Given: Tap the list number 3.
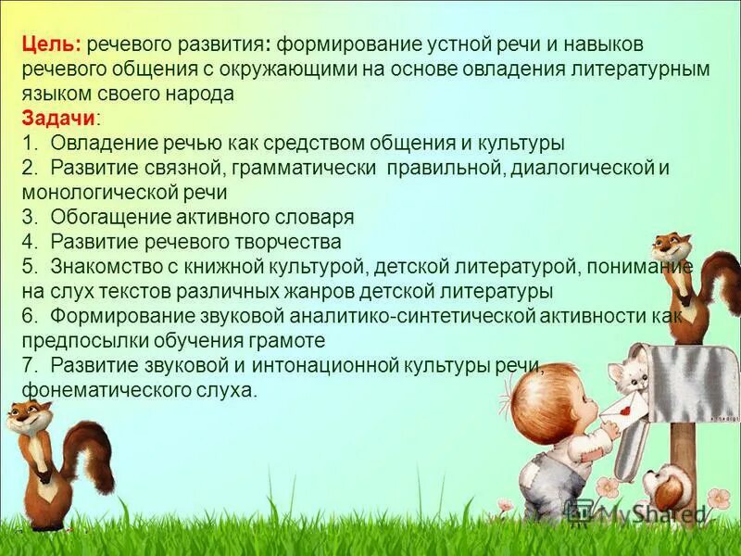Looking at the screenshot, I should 29,218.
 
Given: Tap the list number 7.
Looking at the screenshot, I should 29,365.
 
